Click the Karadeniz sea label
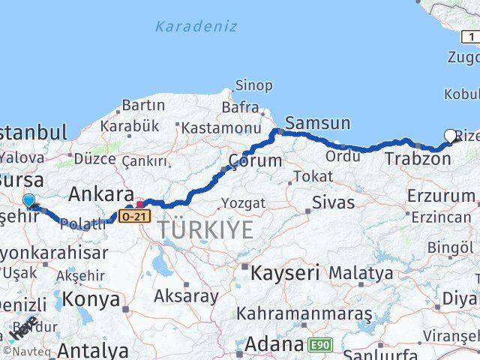click(196, 26)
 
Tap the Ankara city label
click(101, 194)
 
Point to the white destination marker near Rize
click(451, 136)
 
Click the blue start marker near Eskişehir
click(28, 201)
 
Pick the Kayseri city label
click(285, 271)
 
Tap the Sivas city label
click(332, 200)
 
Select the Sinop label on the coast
click(254, 85)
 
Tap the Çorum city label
click(255, 160)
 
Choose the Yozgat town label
click(244, 202)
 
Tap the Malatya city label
click(361, 271)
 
